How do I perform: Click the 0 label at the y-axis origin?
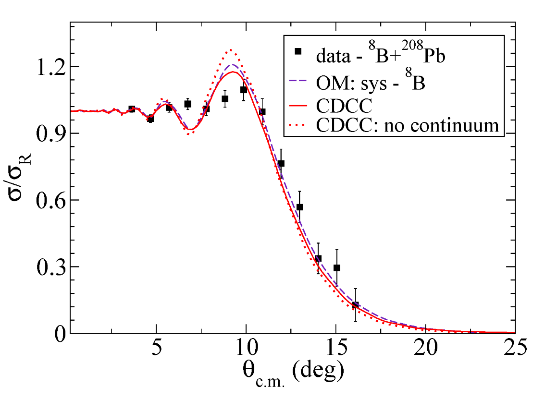59,334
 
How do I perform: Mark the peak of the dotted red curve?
231,49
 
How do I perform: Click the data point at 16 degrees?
355,305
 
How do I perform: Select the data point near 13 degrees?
299,207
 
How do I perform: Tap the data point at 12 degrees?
281,164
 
